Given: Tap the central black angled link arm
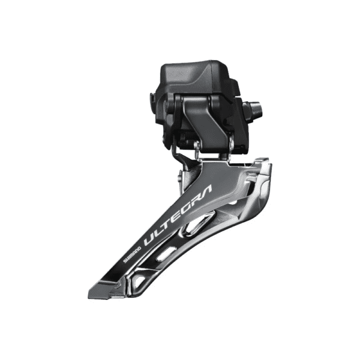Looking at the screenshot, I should (x=207, y=120).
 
